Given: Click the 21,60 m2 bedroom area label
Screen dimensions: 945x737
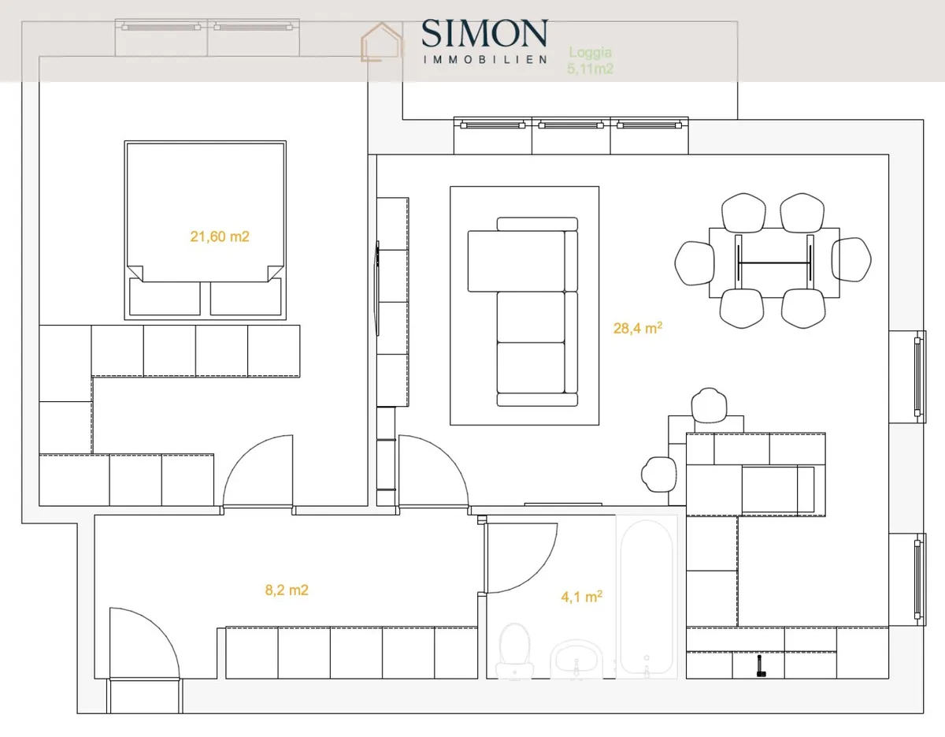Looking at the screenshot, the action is coord(220,236).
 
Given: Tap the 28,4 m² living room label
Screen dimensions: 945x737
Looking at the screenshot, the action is coord(638,328).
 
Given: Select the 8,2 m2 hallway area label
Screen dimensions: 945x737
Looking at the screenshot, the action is coord(287,590).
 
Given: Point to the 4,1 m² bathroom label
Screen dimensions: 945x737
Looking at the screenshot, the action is coord(581,597).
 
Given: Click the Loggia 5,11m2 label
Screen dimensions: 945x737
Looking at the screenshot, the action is coord(590,61).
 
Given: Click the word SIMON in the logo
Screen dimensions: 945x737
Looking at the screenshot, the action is coord(484,33).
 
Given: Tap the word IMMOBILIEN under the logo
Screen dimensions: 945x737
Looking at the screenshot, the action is coord(485,60).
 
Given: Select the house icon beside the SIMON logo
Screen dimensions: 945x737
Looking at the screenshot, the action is coord(381,42).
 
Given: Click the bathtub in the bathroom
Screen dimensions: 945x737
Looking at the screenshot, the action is coord(647,597).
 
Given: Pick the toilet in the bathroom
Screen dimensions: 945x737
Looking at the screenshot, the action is coord(515,651).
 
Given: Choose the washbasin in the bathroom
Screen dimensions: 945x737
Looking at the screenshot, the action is coord(576,659).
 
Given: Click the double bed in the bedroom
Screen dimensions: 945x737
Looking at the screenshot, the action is coord(206,230).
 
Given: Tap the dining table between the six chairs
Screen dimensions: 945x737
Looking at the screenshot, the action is coord(774,262).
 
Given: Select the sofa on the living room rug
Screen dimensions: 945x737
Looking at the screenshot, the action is coord(523,311).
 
